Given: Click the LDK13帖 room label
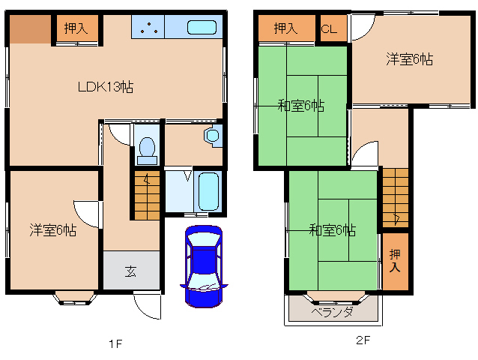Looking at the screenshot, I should pos(106,86).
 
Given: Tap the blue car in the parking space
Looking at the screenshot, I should pos(203,266).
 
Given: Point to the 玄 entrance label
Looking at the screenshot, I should pos(130,271).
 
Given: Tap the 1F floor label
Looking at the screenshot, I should pos(115,343).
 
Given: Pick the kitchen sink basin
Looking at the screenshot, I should pos(200,28).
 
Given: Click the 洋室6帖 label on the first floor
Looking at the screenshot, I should pos(53,229).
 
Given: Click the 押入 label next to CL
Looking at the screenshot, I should pos(285,29).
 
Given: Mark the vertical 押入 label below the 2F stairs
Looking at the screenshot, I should pos(395,262).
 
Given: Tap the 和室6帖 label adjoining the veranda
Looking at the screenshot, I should pos(332,230).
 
